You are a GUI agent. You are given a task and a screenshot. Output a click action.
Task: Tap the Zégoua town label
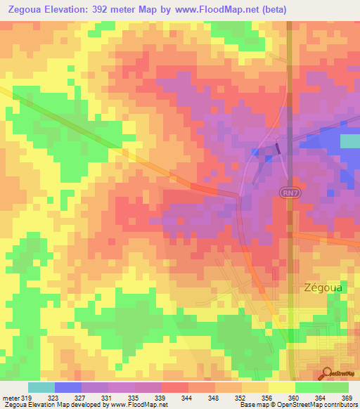click(323, 287)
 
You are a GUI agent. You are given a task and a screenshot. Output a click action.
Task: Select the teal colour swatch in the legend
click(41, 387)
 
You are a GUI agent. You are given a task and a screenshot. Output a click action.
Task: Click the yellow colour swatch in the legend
click(282, 387)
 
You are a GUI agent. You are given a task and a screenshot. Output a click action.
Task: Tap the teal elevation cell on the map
click(349, 141)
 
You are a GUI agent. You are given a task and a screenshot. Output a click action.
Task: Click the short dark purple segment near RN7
click(278, 148)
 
